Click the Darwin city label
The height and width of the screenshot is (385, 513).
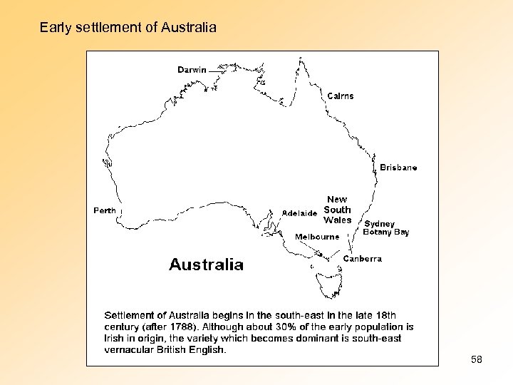(192, 70)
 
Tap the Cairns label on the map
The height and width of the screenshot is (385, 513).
(341, 96)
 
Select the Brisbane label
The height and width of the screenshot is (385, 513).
(398, 168)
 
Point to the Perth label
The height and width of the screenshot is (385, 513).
(105, 210)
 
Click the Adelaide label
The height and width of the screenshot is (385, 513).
(299, 213)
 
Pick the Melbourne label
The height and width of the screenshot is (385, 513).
(317, 237)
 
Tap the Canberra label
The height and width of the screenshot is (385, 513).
(363, 259)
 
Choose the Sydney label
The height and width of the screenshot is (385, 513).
(379, 224)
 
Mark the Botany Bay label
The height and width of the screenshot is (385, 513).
(386, 232)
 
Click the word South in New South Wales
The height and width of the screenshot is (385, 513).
(337, 210)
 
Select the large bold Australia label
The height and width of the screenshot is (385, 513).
(206, 265)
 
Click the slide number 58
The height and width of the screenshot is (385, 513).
(477, 360)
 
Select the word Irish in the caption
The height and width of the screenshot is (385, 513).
(116, 338)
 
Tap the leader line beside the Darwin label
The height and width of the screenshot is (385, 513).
(217, 70)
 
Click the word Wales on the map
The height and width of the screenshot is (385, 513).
(337, 220)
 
